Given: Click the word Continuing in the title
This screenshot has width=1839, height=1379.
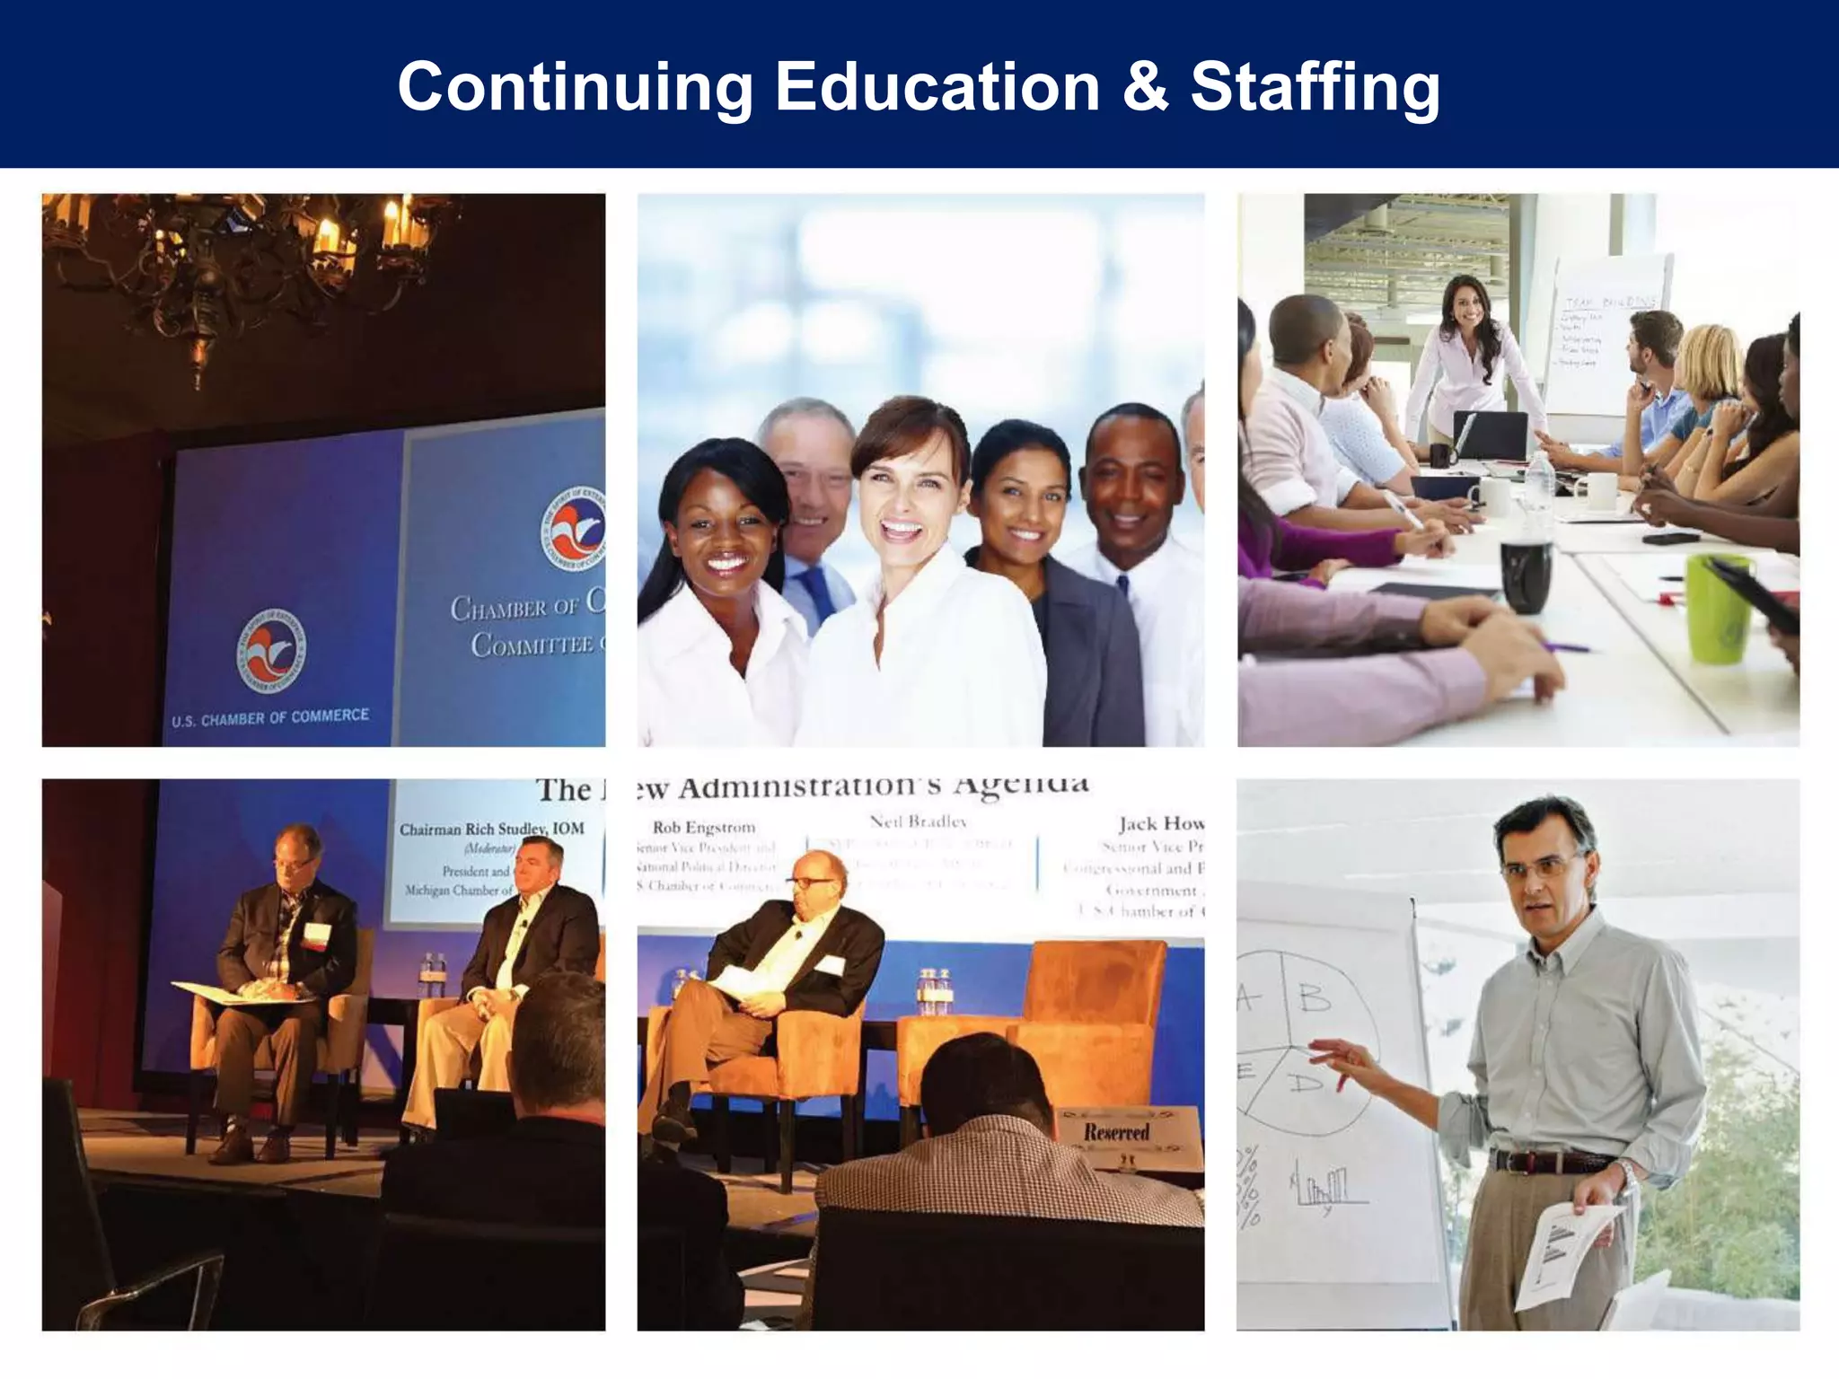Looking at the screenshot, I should [575, 88].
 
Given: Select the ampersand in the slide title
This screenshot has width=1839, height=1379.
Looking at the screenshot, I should [1145, 88].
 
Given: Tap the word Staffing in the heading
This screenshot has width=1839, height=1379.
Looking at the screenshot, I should [1315, 88].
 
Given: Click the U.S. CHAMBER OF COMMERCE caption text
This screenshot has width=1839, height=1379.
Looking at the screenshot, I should [270, 717].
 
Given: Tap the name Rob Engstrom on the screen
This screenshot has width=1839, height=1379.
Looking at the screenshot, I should [704, 828].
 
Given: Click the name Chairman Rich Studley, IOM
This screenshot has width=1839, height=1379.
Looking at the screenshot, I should [491, 829].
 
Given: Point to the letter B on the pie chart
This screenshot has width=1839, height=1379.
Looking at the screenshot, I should [1314, 998].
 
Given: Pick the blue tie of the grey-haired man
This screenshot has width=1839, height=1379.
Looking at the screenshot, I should [820, 593].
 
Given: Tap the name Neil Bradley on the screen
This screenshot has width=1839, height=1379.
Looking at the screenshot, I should [918, 821].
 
